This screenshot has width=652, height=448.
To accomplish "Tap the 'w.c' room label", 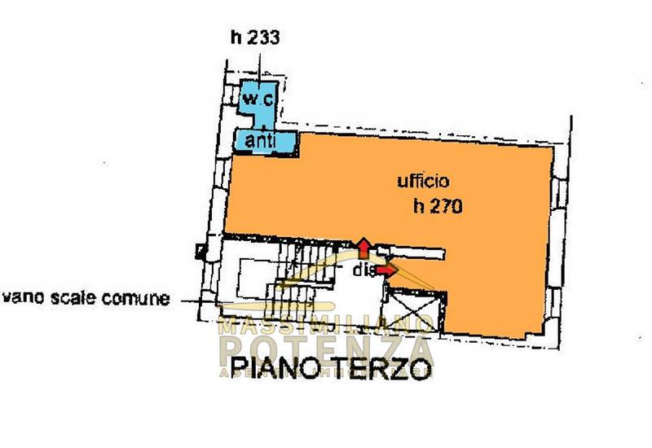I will click(258, 99).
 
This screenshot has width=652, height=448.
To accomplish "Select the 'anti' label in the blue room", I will click(258, 140).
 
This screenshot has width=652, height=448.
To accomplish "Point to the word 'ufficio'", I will click(420, 181).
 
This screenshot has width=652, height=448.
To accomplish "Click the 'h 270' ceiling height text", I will click(438, 207).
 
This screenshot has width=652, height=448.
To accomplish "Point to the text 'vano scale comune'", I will click(86, 299).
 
